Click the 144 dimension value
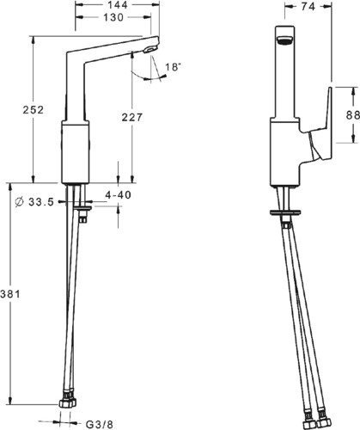(118, 5)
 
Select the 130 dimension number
(113, 17)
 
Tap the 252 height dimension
(34, 110)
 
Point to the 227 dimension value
(132, 117)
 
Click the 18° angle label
(174, 67)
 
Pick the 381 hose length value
(10, 294)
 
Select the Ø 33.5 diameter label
(34, 202)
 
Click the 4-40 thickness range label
(119, 195)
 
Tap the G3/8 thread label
(100, 424)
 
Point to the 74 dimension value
(308, 7)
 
